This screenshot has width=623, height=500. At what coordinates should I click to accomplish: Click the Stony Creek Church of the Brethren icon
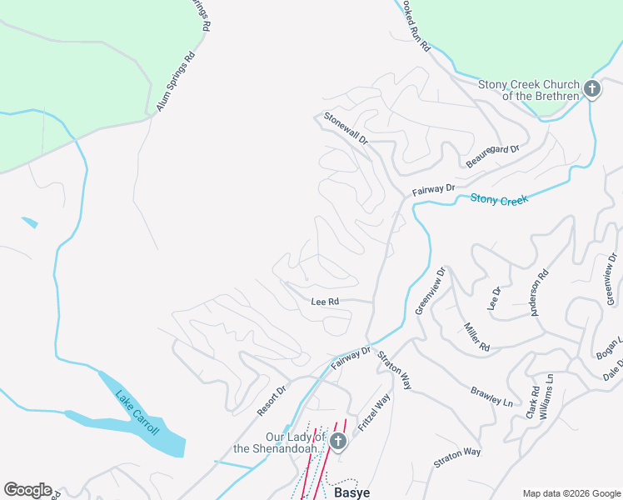[x=591, y=89]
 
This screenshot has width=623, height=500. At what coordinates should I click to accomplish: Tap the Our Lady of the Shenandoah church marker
[x=337, y=441]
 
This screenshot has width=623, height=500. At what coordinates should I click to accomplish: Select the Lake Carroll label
[x=137, y=413]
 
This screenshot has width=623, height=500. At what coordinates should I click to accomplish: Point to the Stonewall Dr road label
[x=346, y=128]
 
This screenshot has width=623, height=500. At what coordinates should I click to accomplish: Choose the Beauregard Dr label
[x=492, y=156]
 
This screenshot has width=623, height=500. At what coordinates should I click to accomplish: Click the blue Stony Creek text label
[x=500, y=199]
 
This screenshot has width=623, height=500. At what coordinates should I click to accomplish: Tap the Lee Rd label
[x=325, y=302]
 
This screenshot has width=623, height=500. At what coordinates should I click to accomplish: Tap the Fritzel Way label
[x=374, y=413]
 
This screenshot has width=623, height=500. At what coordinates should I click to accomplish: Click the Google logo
[x=27, y=490]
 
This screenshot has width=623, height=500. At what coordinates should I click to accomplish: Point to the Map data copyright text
[x=571, y=493]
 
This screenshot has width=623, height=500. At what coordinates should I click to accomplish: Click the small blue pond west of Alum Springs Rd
[x=29, y=222]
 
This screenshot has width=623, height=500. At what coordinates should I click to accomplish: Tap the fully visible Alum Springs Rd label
[x=176, y=82]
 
